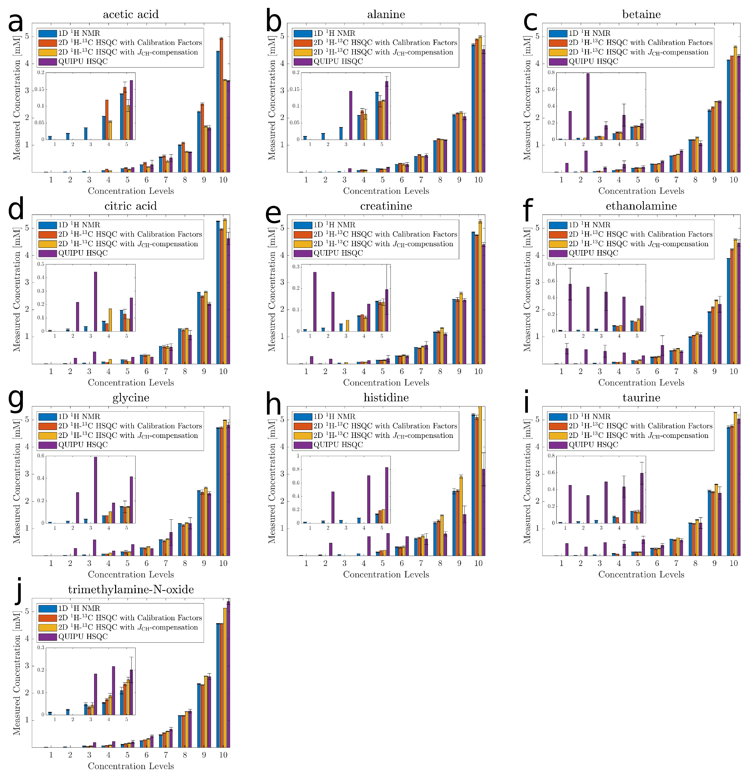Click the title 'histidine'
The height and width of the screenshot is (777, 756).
coord(386,398)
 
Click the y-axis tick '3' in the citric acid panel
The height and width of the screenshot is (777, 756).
coord(27,282)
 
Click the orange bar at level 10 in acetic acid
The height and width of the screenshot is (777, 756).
coord(221,105)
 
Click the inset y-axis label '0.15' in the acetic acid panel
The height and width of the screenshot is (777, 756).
coord(39,89)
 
